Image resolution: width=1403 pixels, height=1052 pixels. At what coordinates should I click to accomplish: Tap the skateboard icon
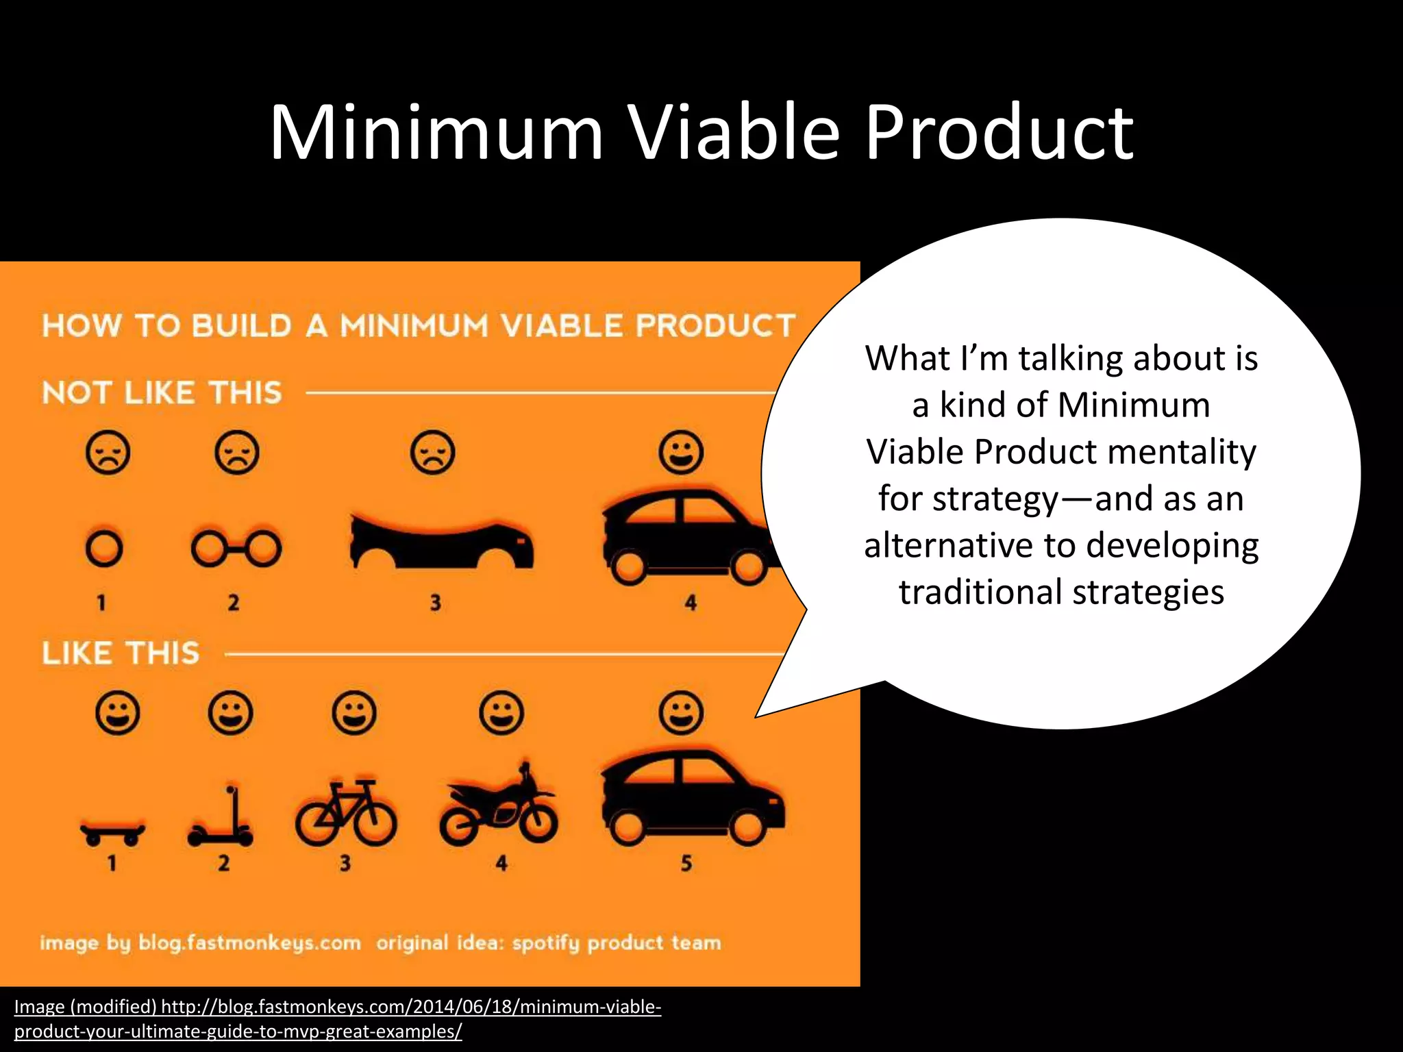click(x=112, y=830)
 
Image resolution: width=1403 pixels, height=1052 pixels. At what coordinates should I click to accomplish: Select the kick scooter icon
click(x=221, y=818)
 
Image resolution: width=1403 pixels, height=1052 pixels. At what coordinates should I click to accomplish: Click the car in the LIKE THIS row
click(x=692, y=798)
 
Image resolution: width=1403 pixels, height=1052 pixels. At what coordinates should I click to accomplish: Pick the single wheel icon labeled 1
click(x=104, y=549)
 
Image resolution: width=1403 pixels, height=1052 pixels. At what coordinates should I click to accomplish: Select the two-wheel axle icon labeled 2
click(x=236, y=549)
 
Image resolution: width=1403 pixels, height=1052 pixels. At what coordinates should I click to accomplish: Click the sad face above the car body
click(x=432, y=453)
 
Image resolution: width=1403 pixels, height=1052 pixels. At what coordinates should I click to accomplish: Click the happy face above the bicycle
click(x=353, y=712)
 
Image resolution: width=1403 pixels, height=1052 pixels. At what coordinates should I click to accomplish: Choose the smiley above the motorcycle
click(x=501, y=712)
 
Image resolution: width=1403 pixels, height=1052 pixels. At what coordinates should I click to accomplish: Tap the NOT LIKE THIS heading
click(x=162, y=393)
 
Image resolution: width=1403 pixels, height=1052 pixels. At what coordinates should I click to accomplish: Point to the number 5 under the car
click(x=686, y=863)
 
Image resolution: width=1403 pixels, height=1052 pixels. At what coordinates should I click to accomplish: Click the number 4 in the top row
click(x=691, y=603)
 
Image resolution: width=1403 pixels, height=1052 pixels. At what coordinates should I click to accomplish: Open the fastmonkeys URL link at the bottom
click(x=337, y=1018)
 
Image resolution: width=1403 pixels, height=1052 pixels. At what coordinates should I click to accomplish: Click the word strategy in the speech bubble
click(x=968, y=499)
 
